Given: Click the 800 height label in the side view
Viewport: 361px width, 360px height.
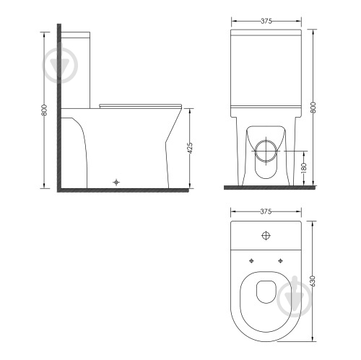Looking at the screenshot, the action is point(44,110).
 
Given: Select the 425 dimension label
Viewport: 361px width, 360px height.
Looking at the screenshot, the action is point(190,148).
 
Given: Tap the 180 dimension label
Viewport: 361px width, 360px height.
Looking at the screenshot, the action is point(304,168).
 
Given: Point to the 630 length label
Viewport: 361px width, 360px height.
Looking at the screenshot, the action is point(313,281).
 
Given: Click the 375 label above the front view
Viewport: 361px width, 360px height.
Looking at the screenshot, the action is point(266,21).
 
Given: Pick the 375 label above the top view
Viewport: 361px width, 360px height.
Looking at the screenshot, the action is point(266,211).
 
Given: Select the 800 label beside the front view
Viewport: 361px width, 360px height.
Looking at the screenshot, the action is point(313,107).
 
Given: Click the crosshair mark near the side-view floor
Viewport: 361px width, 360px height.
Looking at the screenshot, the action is point(116,183).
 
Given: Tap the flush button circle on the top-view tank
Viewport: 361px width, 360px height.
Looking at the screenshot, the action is point(266,235).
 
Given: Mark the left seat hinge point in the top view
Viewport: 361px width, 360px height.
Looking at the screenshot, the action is point(251,260).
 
